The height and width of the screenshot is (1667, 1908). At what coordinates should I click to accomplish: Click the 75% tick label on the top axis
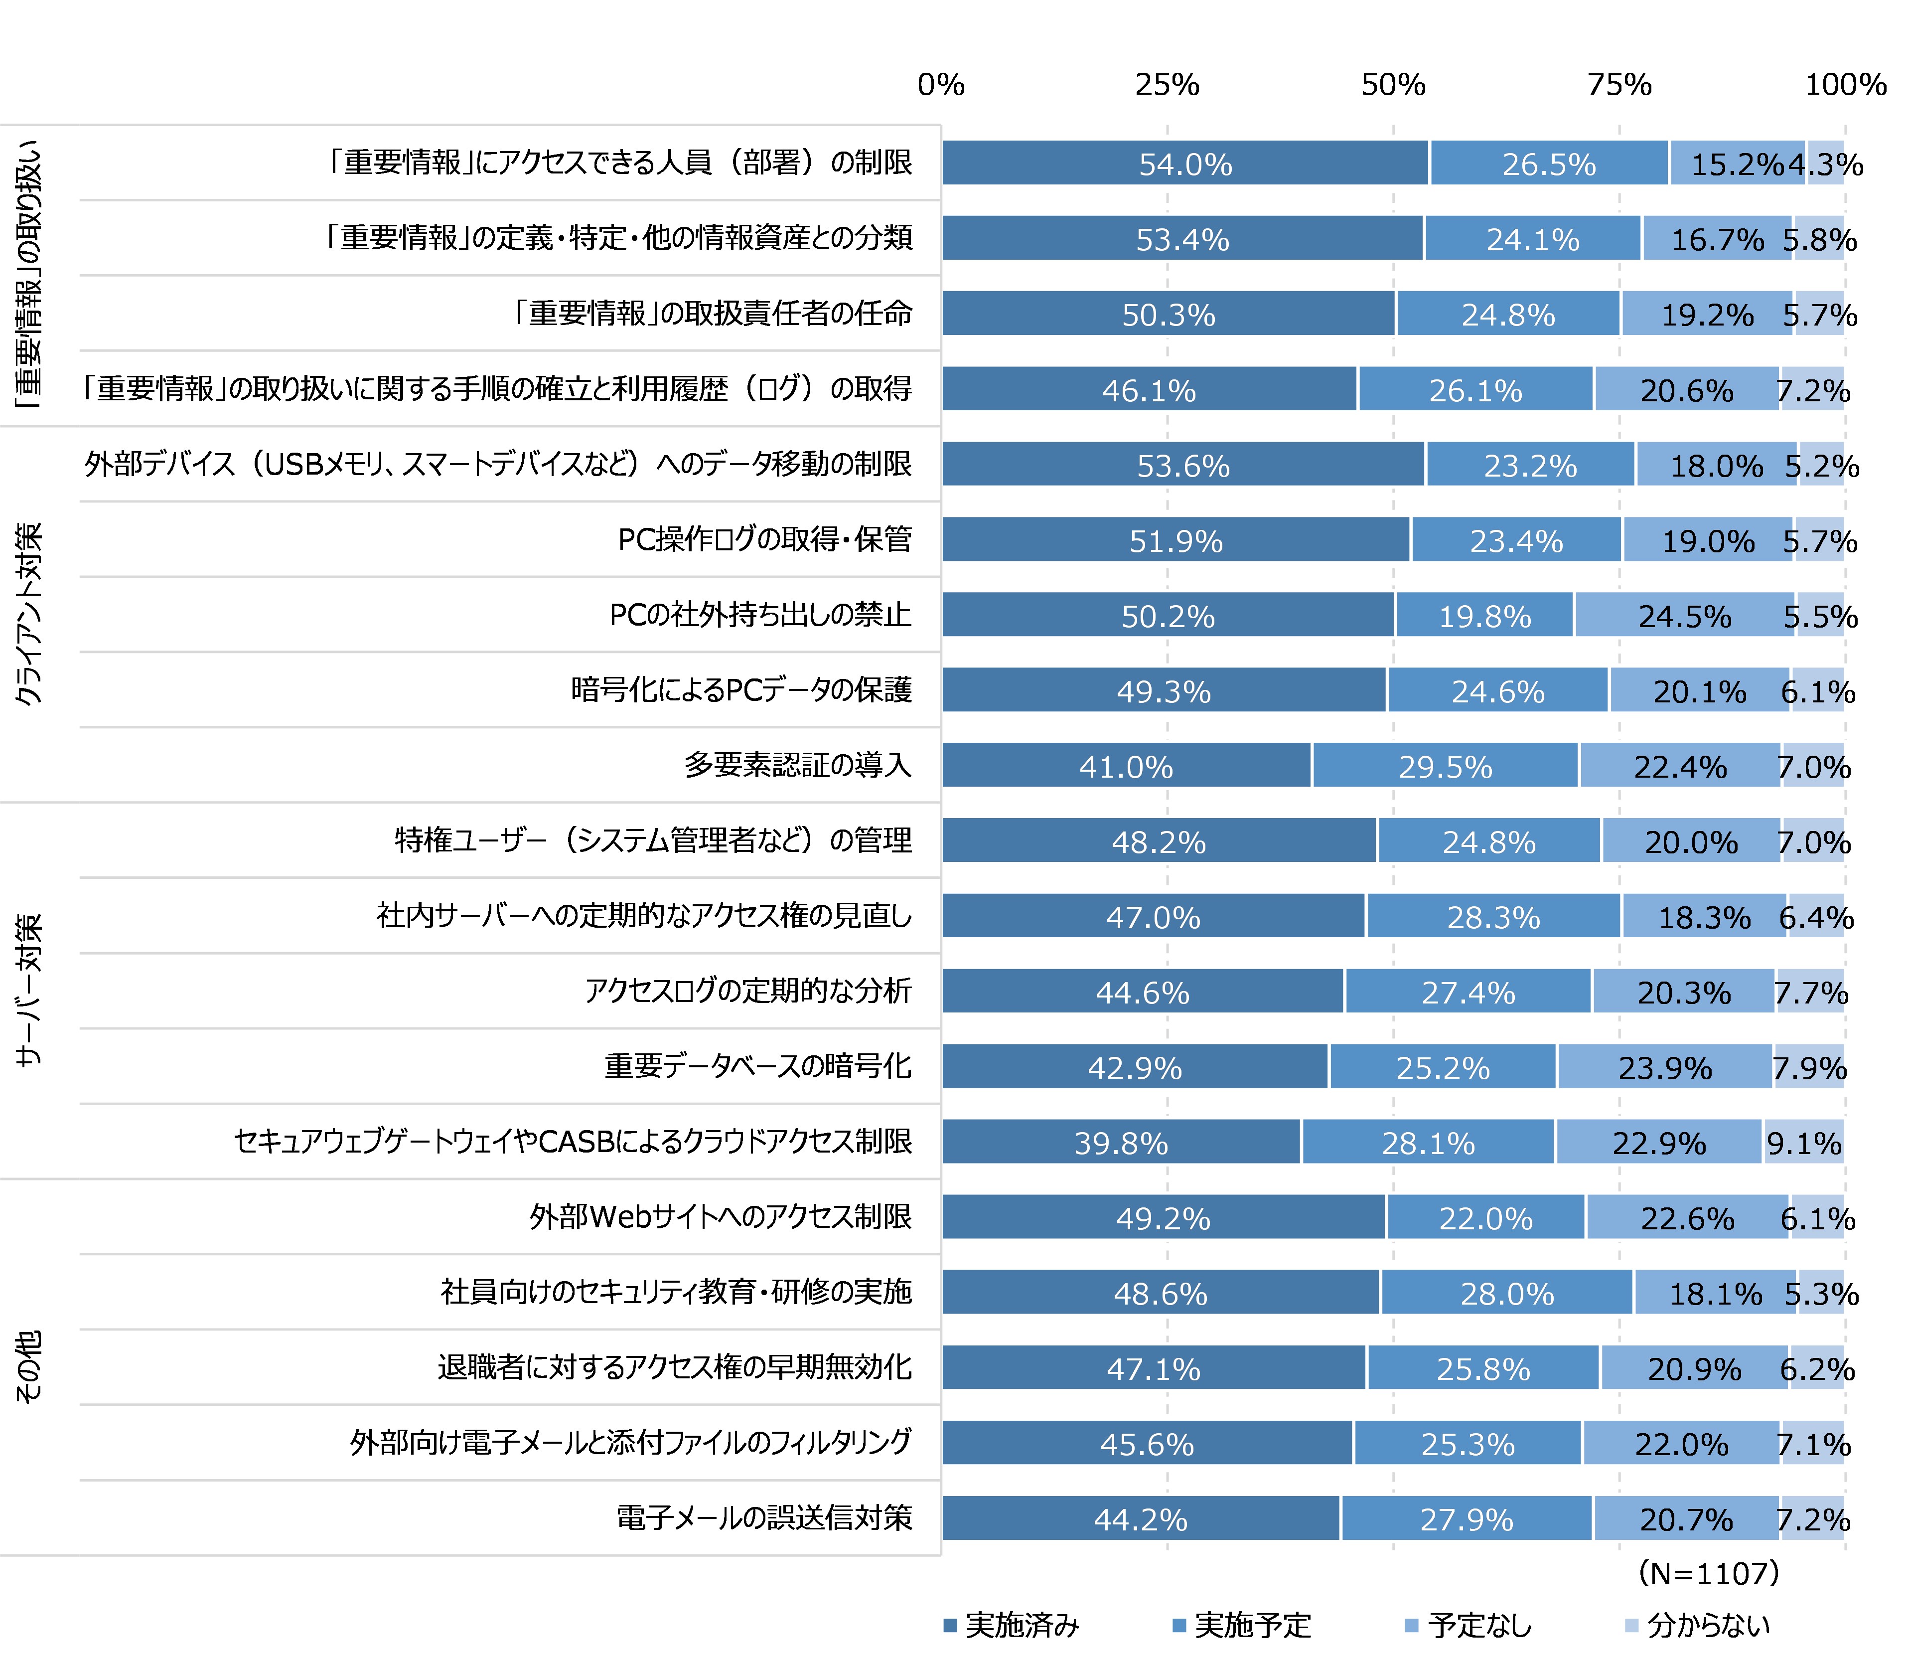[x=1619, y=85]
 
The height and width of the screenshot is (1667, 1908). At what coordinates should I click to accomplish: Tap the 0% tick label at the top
[x=940, y=85]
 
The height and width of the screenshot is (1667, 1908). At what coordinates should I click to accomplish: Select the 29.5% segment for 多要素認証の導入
[x=1445, y=766]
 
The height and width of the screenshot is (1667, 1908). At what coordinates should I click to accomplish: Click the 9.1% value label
[x=1804, y=1143]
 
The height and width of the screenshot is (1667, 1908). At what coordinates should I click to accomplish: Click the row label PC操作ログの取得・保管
[x=764, y=539]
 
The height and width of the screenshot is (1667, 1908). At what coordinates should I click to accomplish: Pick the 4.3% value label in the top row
[x=1825, y=165]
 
